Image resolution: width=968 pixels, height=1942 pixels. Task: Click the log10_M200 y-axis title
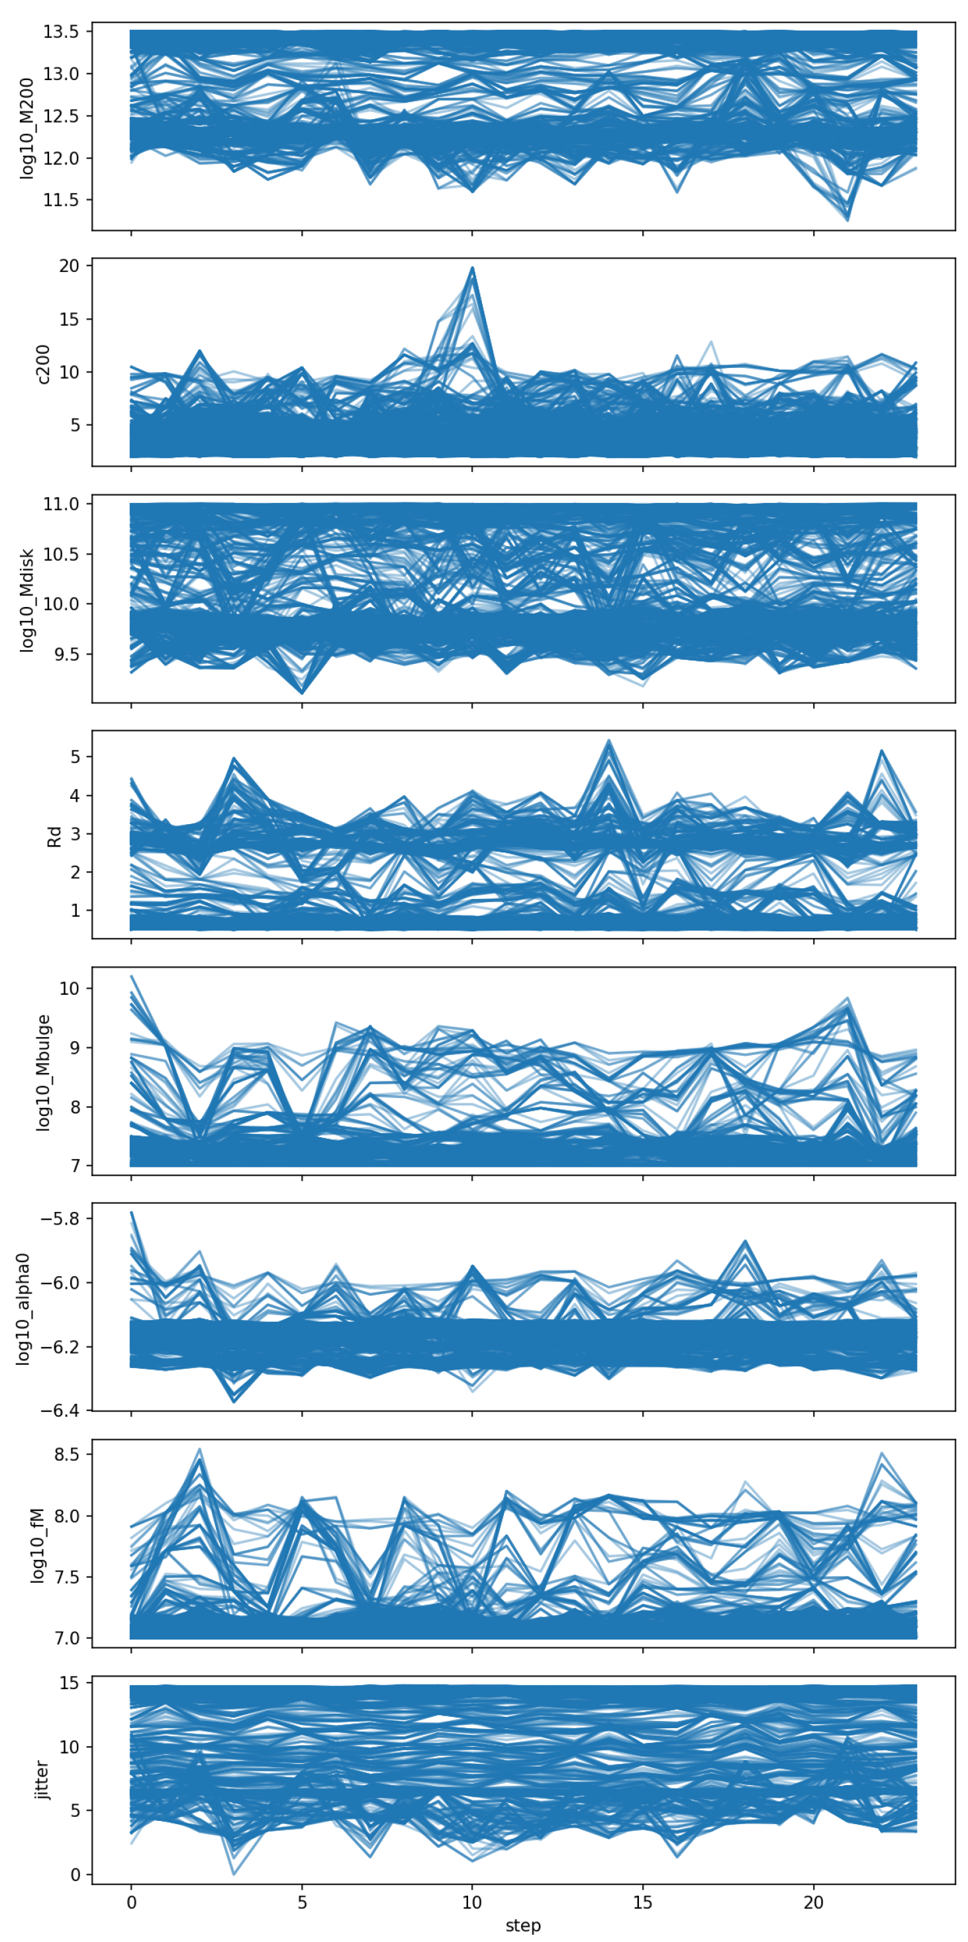coord(28,128)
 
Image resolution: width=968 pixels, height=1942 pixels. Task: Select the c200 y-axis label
coord(43,363)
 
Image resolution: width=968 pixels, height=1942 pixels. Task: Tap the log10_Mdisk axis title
coord(28,599)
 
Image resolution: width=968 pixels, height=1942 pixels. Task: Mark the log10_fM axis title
coord(38,1545)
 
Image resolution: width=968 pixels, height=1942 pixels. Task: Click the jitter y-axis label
coord(43,1780)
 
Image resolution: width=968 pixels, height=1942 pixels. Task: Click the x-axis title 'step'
coord(523,1925)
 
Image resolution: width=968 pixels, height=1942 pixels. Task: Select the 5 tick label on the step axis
coord(301,1902)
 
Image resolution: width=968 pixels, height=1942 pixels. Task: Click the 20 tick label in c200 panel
coord(70,266)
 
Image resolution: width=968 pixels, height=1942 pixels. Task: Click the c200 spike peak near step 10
coord(472,267)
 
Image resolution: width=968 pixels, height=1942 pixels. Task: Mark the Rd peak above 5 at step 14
coord(608,741)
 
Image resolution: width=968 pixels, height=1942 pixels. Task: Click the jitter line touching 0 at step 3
coord(234,1873)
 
